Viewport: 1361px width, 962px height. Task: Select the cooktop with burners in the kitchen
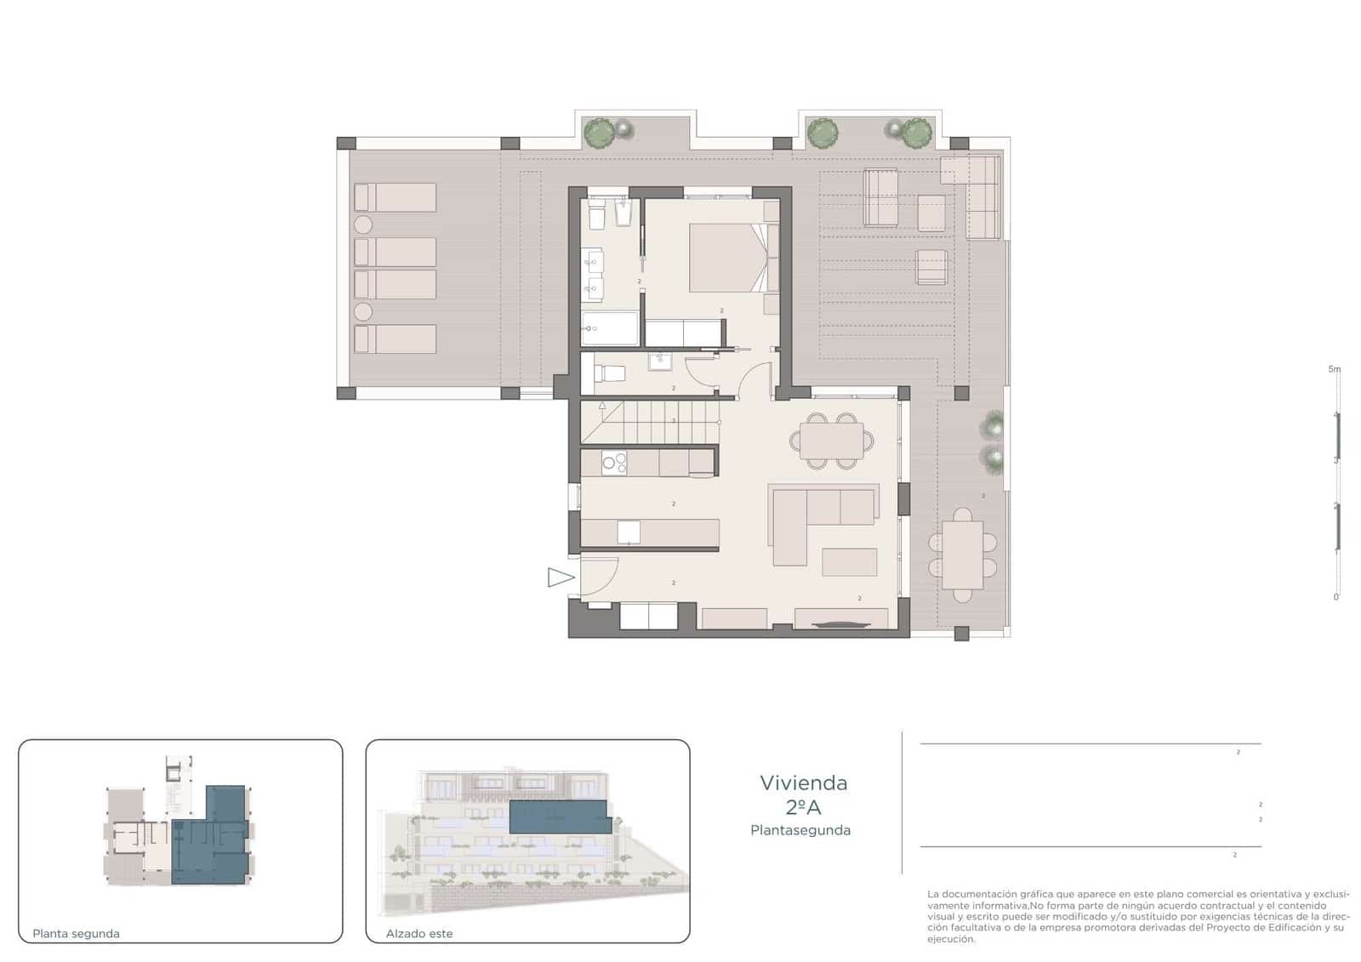(614, 463)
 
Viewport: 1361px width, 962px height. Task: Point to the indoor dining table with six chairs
(831, 440)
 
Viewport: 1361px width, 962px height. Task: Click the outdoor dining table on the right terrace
(962, 555)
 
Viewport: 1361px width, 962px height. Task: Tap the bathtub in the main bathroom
(610, 327)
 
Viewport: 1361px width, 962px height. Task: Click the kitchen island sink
(628, 532)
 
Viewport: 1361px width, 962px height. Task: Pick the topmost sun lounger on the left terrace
(396, 197)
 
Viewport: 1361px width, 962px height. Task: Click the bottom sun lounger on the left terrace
(396, 339)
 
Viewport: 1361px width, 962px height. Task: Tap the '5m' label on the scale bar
(1334, 369)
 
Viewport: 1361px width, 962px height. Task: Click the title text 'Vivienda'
(803, 783)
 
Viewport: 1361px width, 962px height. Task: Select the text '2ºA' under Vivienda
(803, 807)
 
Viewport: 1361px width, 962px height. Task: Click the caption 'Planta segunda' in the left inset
(76, 933)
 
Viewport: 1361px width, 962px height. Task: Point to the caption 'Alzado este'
(419, 933)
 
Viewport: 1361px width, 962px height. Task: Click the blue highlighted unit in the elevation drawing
(559, 817)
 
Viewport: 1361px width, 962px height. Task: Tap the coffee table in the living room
(849, 562)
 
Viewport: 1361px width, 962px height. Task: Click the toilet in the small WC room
(609, 373)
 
